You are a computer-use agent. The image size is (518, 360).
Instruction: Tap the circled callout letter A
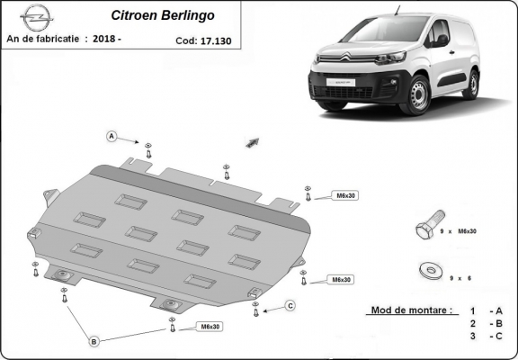tap(112, 137)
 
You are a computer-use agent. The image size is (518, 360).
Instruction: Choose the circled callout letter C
tap(290, 306)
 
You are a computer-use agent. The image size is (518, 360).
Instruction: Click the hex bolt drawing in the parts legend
tap(426, 227)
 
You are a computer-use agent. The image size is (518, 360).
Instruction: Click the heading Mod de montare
tap(411, 310)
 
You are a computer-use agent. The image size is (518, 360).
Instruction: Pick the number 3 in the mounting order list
tap(471, 336)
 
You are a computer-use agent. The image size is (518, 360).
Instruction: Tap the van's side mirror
tap(442, 40)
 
